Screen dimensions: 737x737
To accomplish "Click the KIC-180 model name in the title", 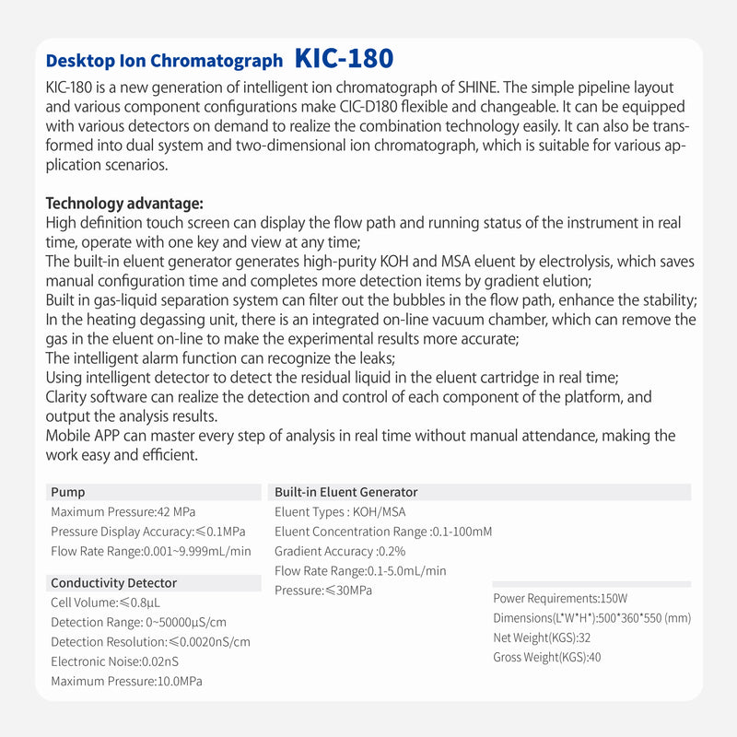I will [x=344, y=58].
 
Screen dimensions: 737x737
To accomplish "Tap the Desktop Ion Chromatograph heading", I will [x=164, y=61].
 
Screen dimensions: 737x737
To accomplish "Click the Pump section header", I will [x=68, y=493].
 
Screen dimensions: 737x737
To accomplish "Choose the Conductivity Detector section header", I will [x=113, y=583].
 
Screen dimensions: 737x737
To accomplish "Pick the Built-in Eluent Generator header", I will [x=345, y=493].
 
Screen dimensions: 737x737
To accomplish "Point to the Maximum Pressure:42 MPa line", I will [x=123, y=512].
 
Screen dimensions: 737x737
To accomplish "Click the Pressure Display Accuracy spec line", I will [x=147, y=532].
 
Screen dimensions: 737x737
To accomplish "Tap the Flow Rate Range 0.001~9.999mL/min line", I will [x=150, y=551].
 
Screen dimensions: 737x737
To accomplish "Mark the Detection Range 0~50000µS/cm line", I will [x=138, y=622].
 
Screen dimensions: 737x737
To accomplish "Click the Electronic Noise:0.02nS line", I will [x=114, y=661].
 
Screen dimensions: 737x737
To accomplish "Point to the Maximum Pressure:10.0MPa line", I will [x=126, y=681].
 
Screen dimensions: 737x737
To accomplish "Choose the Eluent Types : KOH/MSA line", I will [x=340, y=512].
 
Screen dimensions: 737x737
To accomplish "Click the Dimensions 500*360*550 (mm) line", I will [x=591, y=618].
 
